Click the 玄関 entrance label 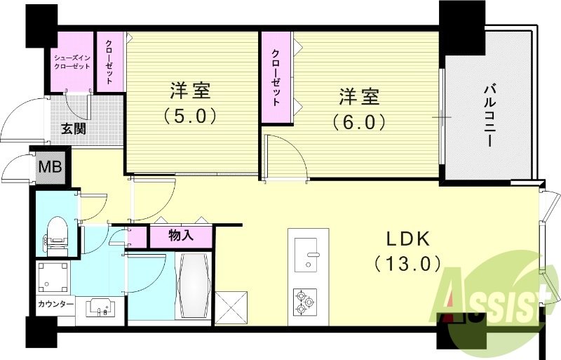72,130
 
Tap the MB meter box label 50,168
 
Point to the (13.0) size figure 407,264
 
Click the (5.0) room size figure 190,114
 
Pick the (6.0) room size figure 360,121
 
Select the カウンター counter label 56,304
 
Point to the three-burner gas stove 305,302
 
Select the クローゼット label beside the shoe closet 110,62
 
